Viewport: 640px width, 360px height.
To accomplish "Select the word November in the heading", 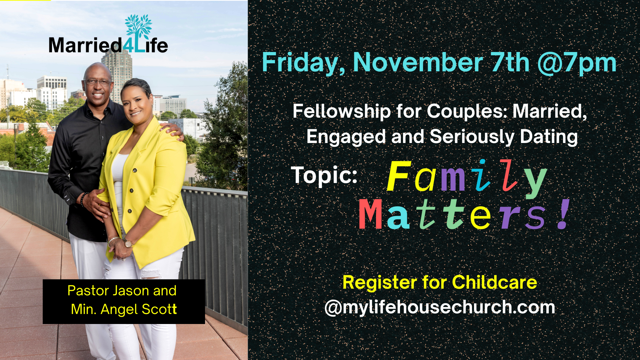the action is (x=418, y=62).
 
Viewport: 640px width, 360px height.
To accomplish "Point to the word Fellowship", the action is (x=342, y=111).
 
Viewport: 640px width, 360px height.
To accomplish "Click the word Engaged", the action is (x=345, y=137).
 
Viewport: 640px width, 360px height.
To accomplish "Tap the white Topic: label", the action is (x=324, y=175).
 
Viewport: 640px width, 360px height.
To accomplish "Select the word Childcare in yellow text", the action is (x=494, y=283).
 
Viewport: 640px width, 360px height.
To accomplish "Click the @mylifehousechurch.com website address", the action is (x=440, y=307).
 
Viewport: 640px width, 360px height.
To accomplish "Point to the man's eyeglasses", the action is (x=98, y=81).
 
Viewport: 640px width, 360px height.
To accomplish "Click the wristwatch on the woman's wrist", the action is (x=128, y=243).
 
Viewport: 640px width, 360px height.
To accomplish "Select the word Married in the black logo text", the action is (x=85, y=45).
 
